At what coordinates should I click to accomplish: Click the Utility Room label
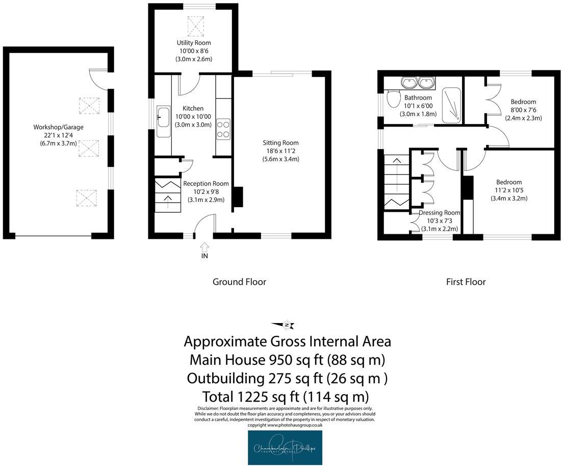pos(193,43)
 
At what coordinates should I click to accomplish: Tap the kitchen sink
pos(164,117)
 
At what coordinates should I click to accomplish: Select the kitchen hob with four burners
pos(223,128)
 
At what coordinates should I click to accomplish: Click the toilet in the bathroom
pos(393,99)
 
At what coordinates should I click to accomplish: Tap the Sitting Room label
pos(280,143)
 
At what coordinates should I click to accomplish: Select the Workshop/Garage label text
pos(58,127)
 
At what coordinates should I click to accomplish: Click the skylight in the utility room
pos(195,24)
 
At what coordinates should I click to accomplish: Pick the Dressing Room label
pos(439,213)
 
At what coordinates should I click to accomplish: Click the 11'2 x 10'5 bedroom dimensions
pos(509,190)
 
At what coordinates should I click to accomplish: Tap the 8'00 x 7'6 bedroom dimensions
pos(523,110)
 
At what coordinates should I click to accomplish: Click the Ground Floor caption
pos(239,282)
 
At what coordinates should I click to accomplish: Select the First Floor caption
pos(465,282)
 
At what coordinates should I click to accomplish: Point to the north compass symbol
pos(287,325)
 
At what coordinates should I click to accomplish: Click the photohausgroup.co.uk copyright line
pos(285,425)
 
